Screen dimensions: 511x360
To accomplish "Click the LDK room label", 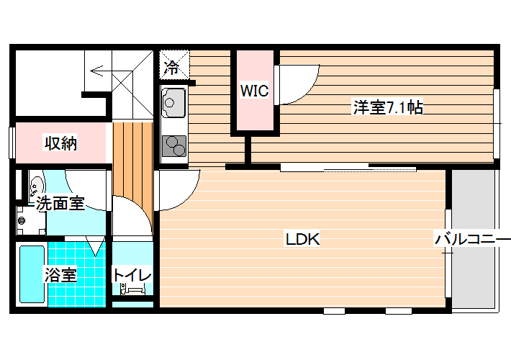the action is [303, 239].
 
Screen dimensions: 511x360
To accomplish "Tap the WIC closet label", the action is [254, 90].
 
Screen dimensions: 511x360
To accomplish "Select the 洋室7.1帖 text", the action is [388, 107].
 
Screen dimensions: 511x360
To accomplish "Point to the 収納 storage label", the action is [60, 143].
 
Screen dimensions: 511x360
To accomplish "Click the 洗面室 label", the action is [60, 203].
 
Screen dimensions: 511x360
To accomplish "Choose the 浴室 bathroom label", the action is [60, 275].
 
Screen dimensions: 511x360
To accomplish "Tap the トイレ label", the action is [132, 275].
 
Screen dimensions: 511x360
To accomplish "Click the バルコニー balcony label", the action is [473, 239].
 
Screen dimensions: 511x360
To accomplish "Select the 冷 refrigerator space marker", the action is [171, 68].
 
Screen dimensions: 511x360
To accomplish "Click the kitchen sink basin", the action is [173, 102].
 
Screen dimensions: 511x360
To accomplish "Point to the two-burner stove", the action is [174, 145].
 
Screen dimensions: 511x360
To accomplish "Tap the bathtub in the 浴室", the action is [32, 274].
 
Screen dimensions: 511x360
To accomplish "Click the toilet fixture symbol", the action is [132, 289].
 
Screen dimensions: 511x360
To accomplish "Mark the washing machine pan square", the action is [31, 221].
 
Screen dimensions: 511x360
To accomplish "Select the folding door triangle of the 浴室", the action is [96, 246].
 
